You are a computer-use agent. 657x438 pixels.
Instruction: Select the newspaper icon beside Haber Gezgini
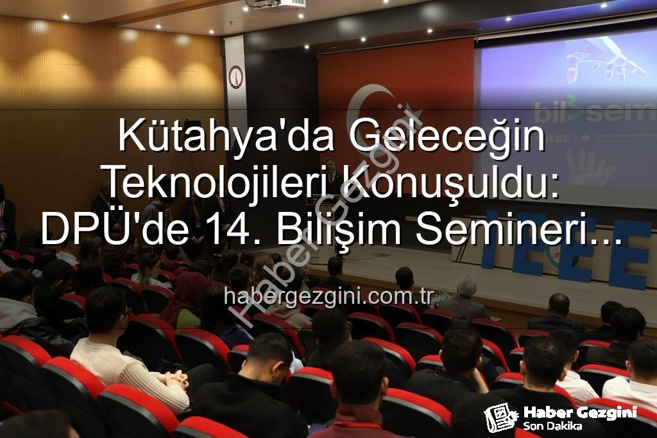pyautogui.click(x=500, y=417)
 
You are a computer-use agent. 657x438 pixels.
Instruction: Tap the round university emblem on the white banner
pyautogui.click(x=236, y=76)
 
